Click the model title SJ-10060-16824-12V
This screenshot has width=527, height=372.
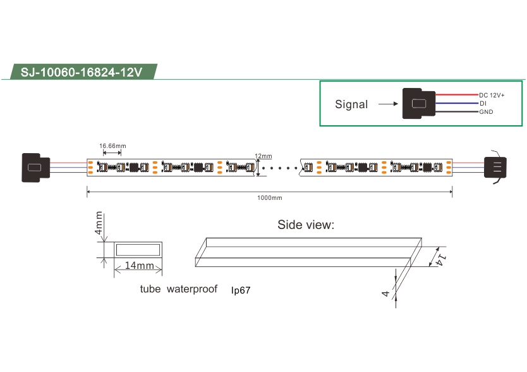point(82,72)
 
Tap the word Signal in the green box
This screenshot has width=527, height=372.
point(351,104)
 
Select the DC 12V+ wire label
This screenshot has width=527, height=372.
point(492,96)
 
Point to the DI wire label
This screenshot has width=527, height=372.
point(483,103)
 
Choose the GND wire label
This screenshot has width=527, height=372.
point(486,112)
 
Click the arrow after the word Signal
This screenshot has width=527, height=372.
point(388,104)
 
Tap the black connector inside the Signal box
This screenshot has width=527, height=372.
point(419,103)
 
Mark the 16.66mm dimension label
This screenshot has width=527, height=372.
point(112,146)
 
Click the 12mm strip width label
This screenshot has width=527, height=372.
point(263,156)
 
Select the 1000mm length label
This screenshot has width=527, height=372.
point(270,198)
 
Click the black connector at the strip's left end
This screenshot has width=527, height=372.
point(35,168)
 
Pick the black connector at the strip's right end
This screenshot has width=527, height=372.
point(495,167)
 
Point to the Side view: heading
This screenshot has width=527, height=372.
point(306,225)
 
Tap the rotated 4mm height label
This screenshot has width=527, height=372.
point(99,223)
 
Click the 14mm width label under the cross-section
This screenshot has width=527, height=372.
point(140,265)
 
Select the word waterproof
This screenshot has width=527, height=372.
point(192,289)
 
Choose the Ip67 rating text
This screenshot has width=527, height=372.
point(241,290)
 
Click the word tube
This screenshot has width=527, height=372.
point(150,289)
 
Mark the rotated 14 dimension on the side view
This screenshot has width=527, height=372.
point(441,259)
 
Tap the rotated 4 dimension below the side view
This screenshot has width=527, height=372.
point(385,294)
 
